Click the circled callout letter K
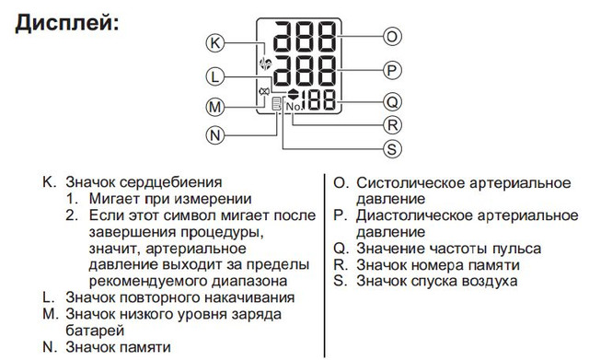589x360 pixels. pos(214,42)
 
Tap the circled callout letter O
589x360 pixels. pos(390,37)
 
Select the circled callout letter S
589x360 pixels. pos(390,147)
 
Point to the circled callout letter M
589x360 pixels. pos(214,108)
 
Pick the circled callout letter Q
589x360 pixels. pos(390,101)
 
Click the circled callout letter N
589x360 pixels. pos(214,135)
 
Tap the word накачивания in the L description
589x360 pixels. pos(245,297)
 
